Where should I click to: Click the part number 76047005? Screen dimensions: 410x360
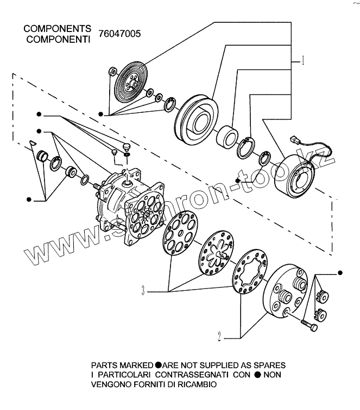[119, 34]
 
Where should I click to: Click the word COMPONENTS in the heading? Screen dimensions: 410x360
[56, 28]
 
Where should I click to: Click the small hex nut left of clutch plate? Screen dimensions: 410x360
[111, 71]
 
